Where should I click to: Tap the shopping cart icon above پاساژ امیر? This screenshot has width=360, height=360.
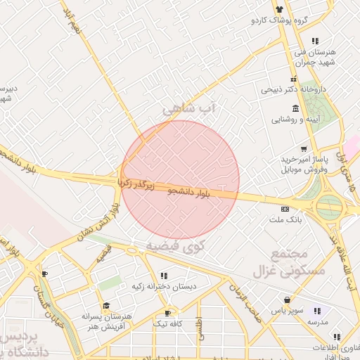[x=303, y=149]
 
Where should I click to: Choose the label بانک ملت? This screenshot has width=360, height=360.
[x=285, y=220]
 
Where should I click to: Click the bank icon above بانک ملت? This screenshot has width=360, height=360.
[x=284, y=209]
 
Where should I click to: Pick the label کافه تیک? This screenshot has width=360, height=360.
[x=168, y=324]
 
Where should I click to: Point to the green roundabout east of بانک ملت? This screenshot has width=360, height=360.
[x=328, y=207]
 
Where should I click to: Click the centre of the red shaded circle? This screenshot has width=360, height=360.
[x=181, y=179]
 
